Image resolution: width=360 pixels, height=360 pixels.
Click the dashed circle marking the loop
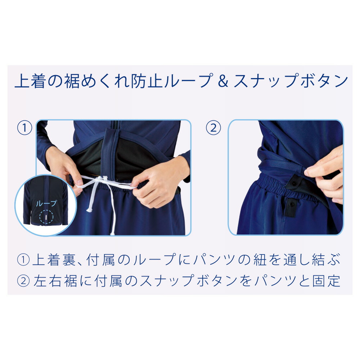pyautogui.click(x=46, y=217)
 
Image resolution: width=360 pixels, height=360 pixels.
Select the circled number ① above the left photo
pyautogui.click(x=25, y=128)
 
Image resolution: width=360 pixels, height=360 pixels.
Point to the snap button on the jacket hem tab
pyautogui.click(x=294, y=183)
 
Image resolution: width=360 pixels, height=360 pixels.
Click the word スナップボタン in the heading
pyautogui.click(x=290, y=82)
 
